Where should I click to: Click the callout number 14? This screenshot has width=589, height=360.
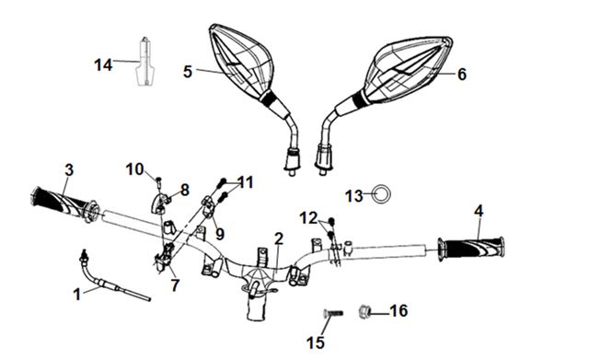coord(103,65)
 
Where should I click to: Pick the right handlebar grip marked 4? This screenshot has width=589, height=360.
coord(471,249)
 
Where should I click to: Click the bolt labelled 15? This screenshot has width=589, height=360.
coord(333,313)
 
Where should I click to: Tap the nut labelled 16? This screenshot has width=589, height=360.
coord(364,311)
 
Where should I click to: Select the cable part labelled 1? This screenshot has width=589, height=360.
coord(109,281)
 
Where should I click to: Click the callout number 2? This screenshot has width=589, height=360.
coord(278,238)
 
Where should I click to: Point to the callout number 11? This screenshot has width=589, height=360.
coord(246,182)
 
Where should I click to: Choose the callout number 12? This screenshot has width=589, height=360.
coord(309,218)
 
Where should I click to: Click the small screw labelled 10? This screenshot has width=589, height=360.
coord(158,181)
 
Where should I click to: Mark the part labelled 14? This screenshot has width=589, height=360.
coord(144,62)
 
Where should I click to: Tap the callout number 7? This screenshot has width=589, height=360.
coord(175,285)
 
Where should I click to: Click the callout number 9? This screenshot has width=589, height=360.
coord(220,234)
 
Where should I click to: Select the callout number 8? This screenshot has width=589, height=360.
coord(184,190)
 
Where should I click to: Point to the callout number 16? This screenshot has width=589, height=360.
coord(398,311)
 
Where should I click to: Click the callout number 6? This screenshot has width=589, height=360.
coord(462,74)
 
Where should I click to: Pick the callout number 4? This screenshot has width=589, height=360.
coord(479,211)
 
